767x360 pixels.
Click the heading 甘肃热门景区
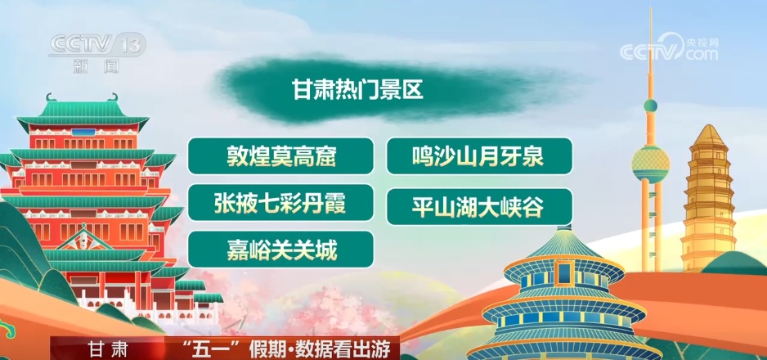(357, 89)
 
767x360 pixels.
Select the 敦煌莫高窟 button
(280, 156)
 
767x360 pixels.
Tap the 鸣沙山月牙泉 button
(478, 156)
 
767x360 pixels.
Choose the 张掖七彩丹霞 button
(280, 203)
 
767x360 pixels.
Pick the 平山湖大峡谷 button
(478, 207)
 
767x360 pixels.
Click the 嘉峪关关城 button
(280, 250)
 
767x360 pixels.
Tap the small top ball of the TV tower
(650, 106)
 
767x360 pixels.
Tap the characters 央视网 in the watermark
(702, 40)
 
